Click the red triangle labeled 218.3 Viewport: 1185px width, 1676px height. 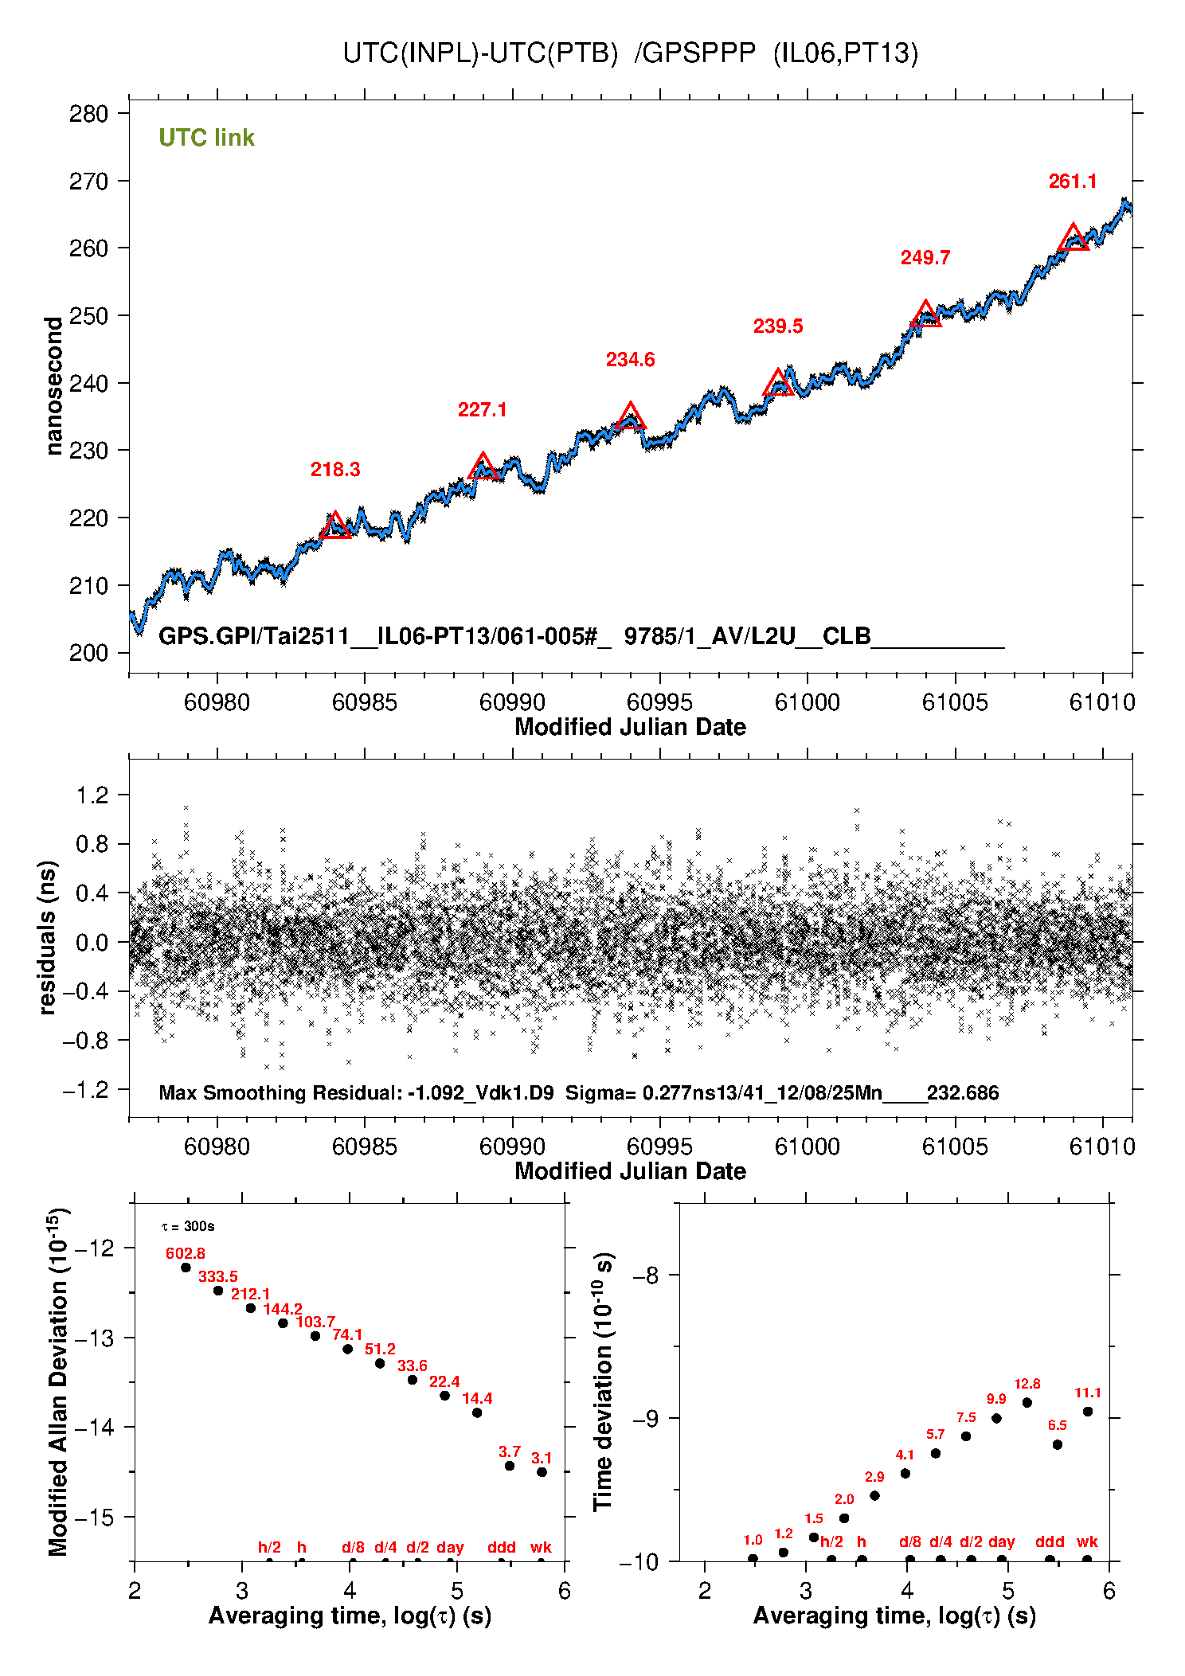click(335, 526)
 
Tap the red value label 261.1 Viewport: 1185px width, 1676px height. click(1072, 182)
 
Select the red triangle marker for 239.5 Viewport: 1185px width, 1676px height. click(778, 384)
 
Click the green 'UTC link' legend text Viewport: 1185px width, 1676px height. click(206, 138)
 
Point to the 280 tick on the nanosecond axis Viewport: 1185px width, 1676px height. click(88, 114)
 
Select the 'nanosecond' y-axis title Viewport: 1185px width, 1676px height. click(53, 385)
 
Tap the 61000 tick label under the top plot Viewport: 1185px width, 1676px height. click(807, 702)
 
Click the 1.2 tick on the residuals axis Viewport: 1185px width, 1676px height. click(92, 795)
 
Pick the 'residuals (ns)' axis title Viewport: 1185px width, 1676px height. click(48, 937)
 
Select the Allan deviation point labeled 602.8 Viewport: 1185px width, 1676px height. click(186, 1268)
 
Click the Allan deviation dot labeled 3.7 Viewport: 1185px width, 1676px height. click(510, 1466)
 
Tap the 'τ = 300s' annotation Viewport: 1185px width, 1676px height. click(187, 1226)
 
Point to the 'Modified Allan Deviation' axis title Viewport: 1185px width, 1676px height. click(57, 1381)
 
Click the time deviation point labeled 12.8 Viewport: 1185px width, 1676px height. click(1027, 1403)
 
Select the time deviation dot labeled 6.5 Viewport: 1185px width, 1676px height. click(1057, 1444)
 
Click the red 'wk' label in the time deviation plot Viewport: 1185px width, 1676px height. click(1087, 1541)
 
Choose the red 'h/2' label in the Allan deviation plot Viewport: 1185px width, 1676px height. click(269, 1547)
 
